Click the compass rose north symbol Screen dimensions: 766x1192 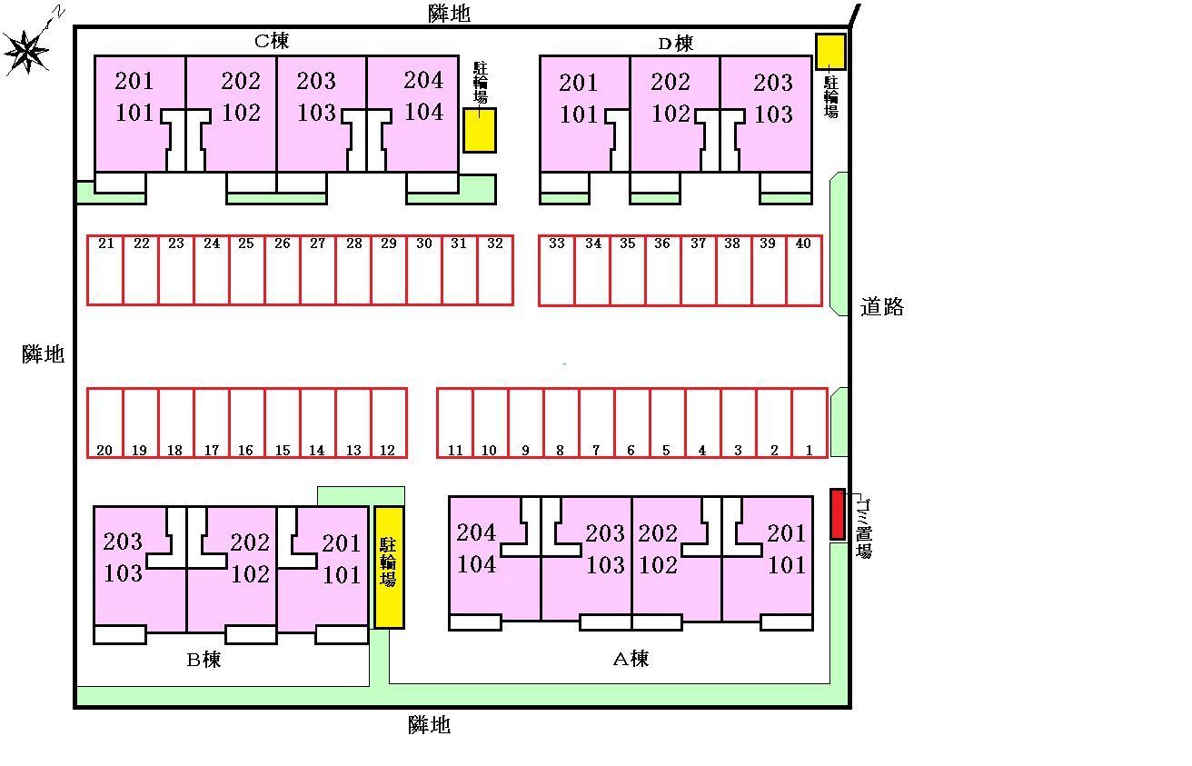[27, 51]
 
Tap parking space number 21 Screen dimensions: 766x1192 [105, 271]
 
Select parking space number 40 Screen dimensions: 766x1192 [804, 271]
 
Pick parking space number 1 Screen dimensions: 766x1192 [810, 423]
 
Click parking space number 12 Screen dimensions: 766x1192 [389, 423]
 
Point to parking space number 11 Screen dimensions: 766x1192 [455, 423]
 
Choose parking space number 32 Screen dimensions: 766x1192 [495, 271]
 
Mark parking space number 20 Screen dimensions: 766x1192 [104, 423]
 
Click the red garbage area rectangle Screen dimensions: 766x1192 [838, 514]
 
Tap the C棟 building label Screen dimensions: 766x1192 [271, 41]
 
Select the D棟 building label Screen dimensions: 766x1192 [675, 43]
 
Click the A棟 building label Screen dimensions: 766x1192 [631, 659]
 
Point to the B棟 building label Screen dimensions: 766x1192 [204, 660]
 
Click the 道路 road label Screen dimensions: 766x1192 [881, 307]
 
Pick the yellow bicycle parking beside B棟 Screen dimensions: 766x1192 [389, 567]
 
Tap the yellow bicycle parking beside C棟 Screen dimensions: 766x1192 [480, 130]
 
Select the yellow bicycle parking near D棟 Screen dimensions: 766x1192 [829, 51]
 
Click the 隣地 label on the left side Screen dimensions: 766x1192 [44, 354]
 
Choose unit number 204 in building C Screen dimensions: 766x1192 [423, 80]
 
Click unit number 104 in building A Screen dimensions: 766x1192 [476, 564]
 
